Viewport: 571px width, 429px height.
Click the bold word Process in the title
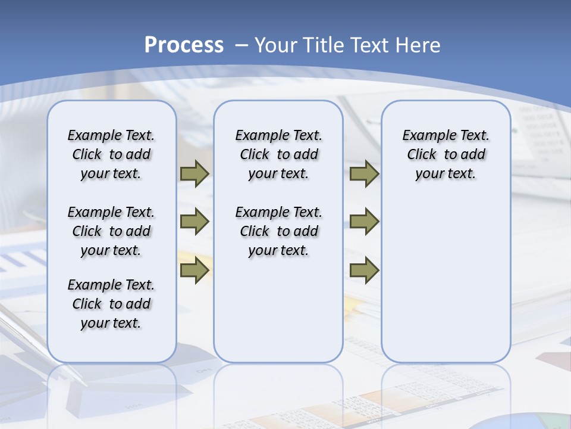[184, 45]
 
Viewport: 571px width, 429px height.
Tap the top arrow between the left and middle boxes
[194, 174]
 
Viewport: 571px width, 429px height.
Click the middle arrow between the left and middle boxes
[194, 222]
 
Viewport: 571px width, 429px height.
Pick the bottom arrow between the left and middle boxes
[194, 271]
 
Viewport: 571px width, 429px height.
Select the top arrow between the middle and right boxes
[364, 174]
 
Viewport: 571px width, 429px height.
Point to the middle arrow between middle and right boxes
[364, 222]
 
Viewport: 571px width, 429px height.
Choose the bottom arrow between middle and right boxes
[364, 271]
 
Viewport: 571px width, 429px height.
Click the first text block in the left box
[111, 154]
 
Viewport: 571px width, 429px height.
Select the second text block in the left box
[111, 231]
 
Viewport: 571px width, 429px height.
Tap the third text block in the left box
[111, 304]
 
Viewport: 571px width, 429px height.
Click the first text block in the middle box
[278, 154]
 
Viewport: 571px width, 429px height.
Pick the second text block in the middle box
[278, 231]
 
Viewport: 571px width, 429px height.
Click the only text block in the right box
[445, 154]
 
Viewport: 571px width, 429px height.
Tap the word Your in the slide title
[277, 45]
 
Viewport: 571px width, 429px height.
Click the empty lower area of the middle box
[278, 310]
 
